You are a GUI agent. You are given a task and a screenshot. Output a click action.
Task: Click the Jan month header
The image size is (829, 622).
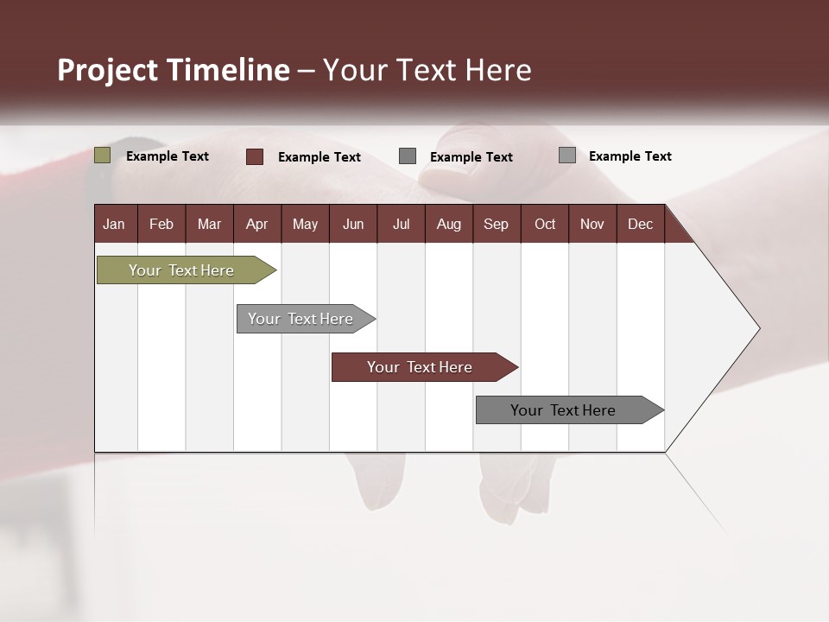click(x=115, y=224)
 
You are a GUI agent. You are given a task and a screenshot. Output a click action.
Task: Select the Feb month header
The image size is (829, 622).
click(x=161, y=224)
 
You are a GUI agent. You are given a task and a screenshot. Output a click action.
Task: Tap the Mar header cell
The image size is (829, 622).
click(x=209, y=224)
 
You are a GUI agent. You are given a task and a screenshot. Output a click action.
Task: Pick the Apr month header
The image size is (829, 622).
click(x=257, y=224)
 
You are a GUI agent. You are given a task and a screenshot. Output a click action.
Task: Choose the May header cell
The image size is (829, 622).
click(x=305, y=224)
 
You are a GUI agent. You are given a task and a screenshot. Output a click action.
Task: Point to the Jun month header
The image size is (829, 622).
click(x=353, y=224)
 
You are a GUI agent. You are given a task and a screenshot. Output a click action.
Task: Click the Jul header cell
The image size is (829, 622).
click(x=401, y=224)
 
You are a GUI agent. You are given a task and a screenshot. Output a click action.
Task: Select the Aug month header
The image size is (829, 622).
click(x=449, y=224)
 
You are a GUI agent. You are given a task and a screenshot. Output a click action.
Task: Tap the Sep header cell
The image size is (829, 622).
click(x=497, y=224)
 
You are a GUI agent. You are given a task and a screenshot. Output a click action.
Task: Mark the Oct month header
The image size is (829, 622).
click(x=545, y=224)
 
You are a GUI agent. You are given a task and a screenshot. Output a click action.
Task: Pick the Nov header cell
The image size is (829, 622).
click(x=592, y=224)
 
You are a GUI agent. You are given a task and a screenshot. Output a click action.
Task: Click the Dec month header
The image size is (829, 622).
click(x=641, y=224)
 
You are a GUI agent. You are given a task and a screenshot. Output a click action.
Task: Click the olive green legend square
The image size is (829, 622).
click(x=103, y=155)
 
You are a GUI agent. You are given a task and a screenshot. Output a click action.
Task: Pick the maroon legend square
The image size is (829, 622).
click(x=255, y=156)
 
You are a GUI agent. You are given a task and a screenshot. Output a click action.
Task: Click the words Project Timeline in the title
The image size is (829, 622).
click(x=174, y=70)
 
